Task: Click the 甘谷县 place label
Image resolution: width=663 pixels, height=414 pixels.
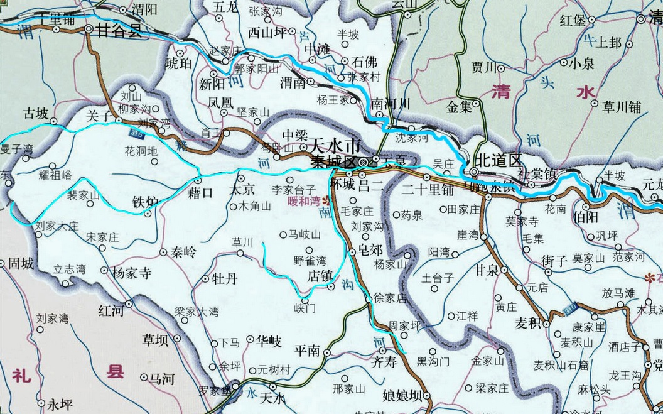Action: [120, 30]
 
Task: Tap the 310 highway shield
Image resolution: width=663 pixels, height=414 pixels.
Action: [570, 307]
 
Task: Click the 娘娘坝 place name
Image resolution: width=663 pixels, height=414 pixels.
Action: [401, 396]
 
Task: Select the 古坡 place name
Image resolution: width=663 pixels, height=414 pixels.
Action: [35, 114]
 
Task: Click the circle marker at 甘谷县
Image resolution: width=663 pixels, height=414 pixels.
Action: [89, 29]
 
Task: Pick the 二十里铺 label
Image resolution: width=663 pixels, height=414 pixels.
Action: [428, 188]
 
